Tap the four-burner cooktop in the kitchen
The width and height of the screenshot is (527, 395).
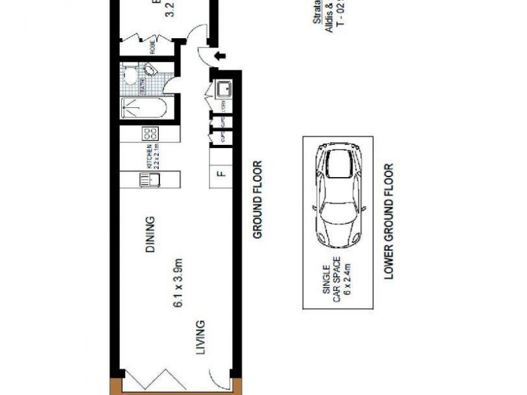146,134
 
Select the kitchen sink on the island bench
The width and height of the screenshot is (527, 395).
146,180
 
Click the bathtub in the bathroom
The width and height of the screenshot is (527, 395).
146,108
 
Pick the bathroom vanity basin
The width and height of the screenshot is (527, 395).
151,72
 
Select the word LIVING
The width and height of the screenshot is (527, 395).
200,337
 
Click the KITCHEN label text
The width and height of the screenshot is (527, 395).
150,157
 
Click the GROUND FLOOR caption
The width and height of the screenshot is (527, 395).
258,199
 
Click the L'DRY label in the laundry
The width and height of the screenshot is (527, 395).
223,105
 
